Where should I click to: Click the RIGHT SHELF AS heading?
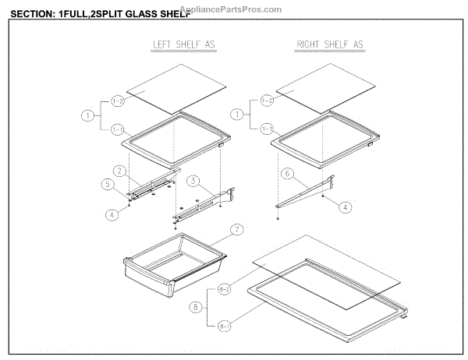click(x=330, y=45)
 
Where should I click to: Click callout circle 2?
click(x=120, y=170)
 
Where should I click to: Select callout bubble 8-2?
click(x=226, y=289)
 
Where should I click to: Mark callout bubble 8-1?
click(x=226, y=326)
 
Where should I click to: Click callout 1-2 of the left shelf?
click(x=119, y=101)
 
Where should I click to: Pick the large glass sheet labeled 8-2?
click(x=328, y=269)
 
